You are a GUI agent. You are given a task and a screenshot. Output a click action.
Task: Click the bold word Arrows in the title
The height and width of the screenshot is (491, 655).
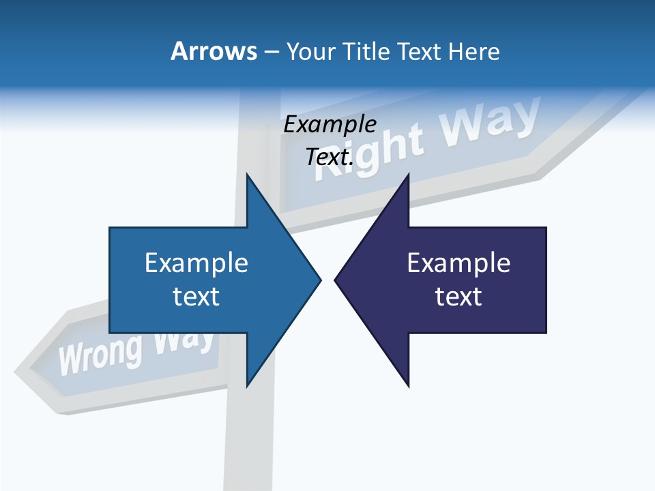click(x=214, y=51)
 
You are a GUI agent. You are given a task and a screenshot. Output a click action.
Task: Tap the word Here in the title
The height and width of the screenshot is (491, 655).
click(x=474, y=51)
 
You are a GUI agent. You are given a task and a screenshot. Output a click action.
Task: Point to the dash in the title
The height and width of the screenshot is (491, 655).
click(x=271, y=52)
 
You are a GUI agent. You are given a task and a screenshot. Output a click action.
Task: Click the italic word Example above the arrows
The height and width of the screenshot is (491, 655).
click(x=330, y=125)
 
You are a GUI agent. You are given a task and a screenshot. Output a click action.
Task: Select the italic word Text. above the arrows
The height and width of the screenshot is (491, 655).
click(x=330, y=158)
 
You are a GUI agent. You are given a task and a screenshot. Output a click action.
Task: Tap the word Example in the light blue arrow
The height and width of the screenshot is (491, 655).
click(x=196, y=263)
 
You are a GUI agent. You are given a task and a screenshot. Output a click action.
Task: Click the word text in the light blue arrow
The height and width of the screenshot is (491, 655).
click(x=196, y=297)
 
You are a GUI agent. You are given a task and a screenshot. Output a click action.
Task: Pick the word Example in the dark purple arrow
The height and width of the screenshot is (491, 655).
click(x=458, y=263)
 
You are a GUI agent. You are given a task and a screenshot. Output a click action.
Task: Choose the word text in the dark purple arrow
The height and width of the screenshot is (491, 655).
click(x=458, y=297)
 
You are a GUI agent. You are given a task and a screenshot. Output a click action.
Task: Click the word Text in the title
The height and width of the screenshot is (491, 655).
click(x=421, y=51)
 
